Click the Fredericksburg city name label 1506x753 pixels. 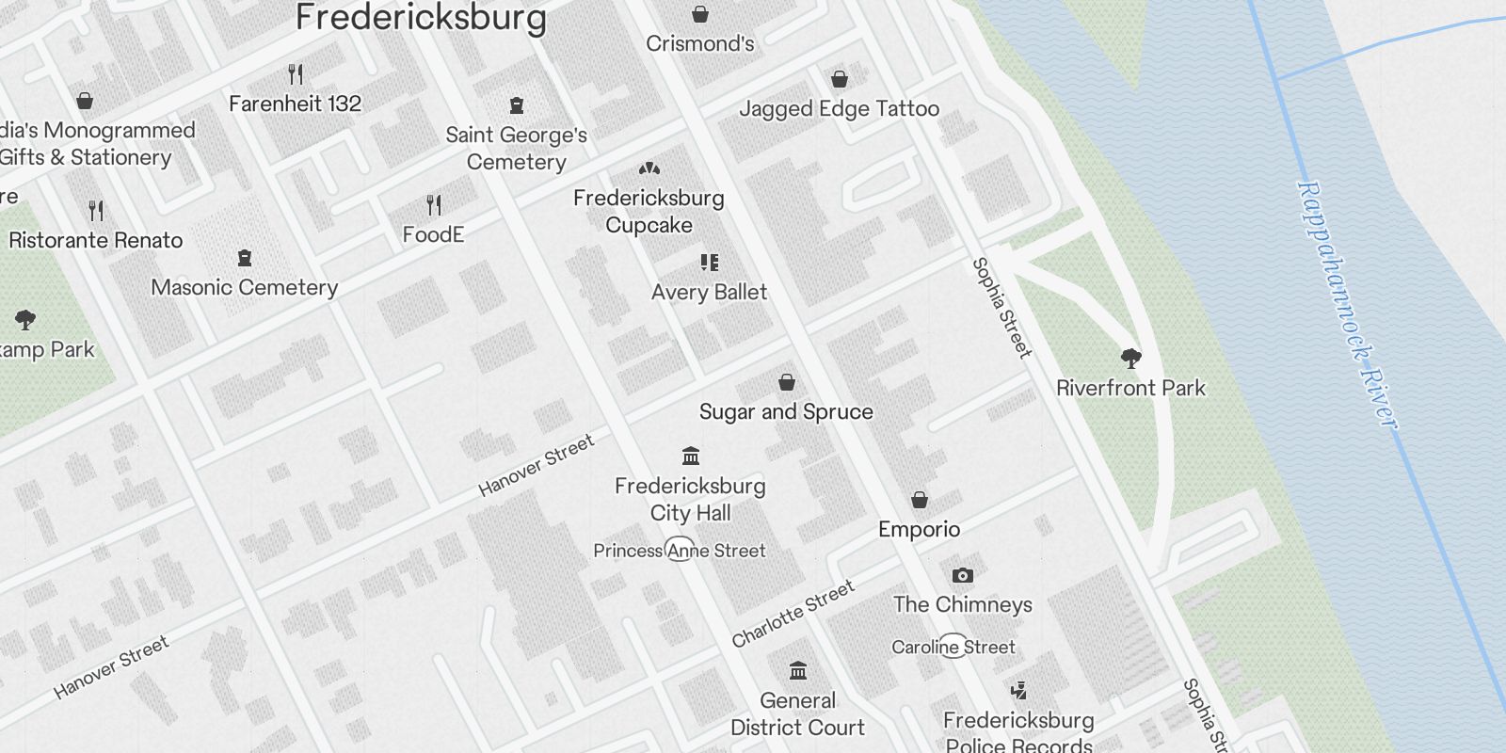tap(421, 17)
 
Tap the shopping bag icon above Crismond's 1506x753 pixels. tap(700, 14)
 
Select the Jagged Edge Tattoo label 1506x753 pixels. tap(839, 109)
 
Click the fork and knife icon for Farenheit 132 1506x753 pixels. tap(296, 73)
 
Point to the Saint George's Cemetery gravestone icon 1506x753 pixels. tap(516, 105)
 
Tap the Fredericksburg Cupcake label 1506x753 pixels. tap(649, 212)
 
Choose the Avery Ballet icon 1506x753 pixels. tap(710, 263)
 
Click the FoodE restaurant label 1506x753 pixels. tap(433, 234)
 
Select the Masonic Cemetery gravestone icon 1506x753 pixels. tap(245, 258)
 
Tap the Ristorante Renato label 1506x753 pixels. tap(96, 240)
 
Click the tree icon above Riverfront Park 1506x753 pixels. tap(1131, 358)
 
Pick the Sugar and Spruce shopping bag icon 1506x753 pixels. tap(787, 382)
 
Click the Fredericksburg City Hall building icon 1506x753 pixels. tap(691, 457)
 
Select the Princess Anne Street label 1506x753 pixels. tap(680, 551)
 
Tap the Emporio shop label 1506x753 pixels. tap(919, 529)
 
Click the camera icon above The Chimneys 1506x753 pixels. tap(962, 575)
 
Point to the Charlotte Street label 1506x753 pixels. tap(793, 614)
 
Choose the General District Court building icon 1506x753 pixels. tap(798, 671)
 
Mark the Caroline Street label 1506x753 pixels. tap(953, 647)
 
